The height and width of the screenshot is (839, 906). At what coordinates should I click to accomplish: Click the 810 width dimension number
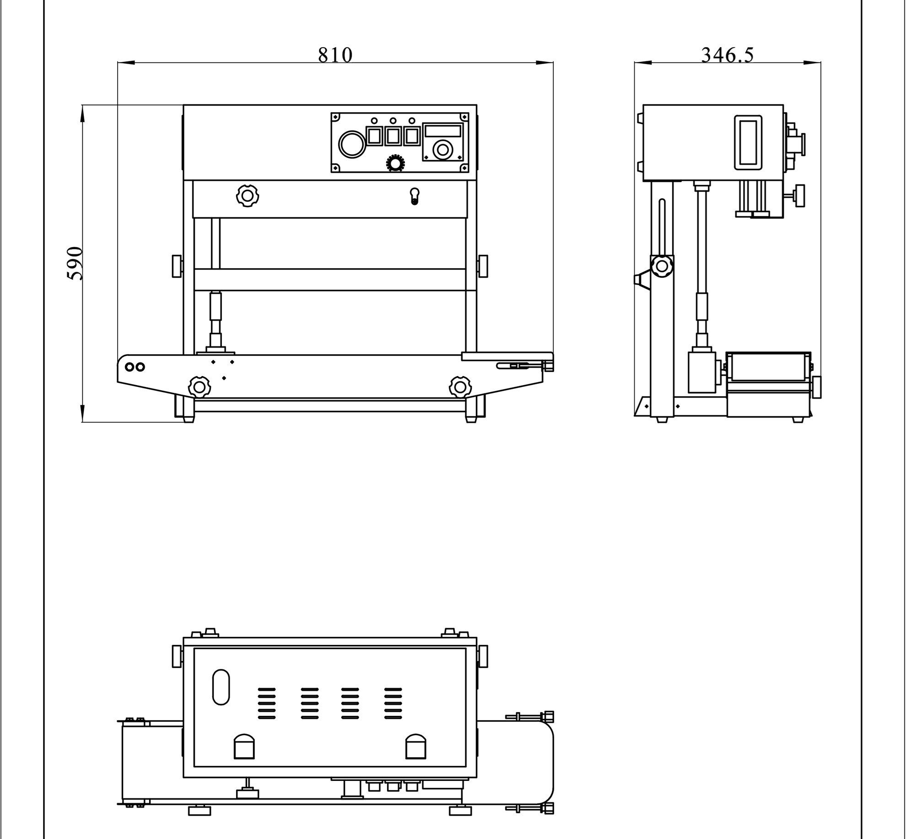pos(335,55)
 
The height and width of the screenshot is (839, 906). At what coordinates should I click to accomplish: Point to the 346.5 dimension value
pos(727,55)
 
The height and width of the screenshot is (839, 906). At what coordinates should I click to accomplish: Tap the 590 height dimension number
pos(75,263)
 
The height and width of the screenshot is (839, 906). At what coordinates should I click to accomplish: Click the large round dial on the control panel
pos(352,143)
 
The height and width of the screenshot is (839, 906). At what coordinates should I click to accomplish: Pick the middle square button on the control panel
pos(393,136)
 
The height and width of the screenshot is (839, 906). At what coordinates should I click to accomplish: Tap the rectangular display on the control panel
pos(442,130)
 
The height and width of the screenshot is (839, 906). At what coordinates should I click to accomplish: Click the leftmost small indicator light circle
pos(374,121)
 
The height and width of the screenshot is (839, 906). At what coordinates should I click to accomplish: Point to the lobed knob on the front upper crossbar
pos(248,196)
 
